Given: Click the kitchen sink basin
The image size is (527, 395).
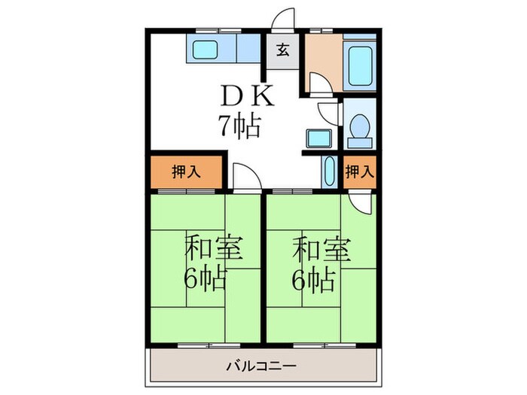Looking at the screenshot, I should (x=203, y=52).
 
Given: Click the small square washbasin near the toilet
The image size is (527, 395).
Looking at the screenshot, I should (x=317, y=139).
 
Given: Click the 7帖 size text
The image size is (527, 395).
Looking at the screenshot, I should (x=239, y=124).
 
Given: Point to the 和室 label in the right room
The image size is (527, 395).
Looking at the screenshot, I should (x=321, y=248).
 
